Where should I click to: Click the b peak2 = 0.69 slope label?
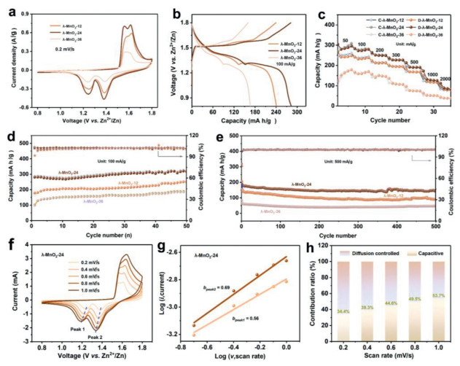click(x=219, y=289)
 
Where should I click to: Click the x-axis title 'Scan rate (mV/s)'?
click(x=388, y=359)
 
